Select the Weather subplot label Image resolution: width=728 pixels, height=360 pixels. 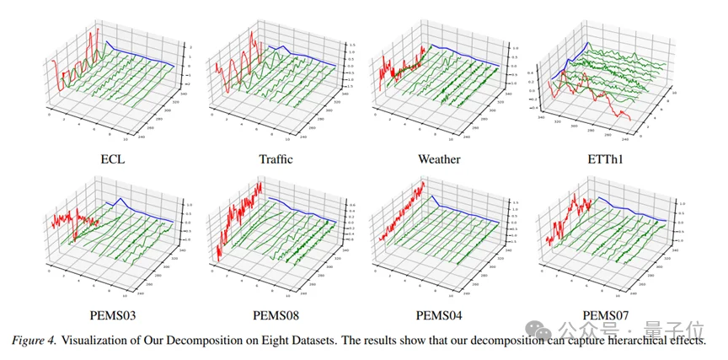click(x=439, y=159)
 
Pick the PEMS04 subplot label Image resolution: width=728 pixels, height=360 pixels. click(x=439, y=317)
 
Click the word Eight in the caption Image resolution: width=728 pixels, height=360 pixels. click(x=283, y=340)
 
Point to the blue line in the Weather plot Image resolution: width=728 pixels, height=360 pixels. click(x=472, y=52)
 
